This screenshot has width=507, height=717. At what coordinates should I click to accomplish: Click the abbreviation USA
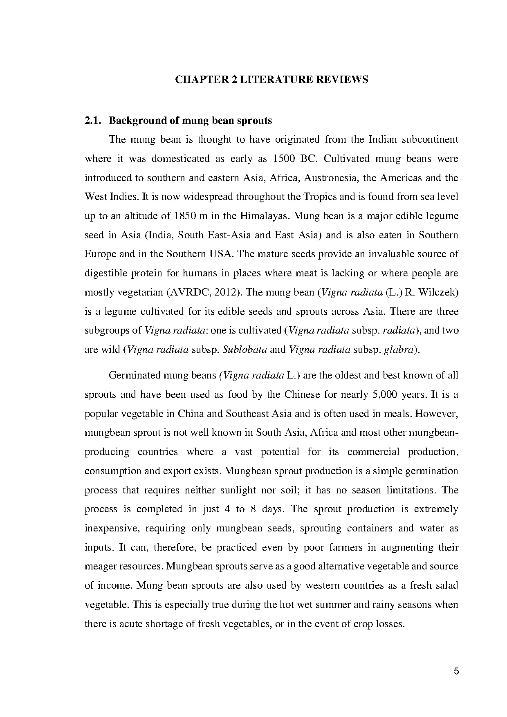221,254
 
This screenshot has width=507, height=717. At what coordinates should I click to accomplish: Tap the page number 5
456,671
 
